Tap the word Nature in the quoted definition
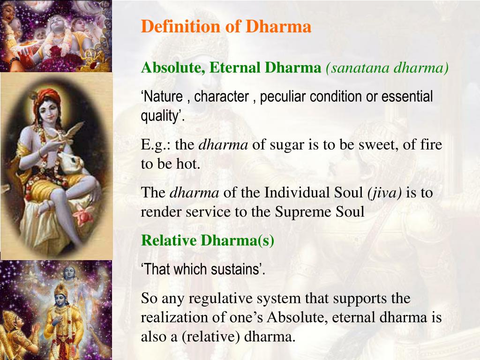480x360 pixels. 162,97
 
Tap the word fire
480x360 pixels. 431,144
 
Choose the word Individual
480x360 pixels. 313,193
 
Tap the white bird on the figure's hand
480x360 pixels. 71,133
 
